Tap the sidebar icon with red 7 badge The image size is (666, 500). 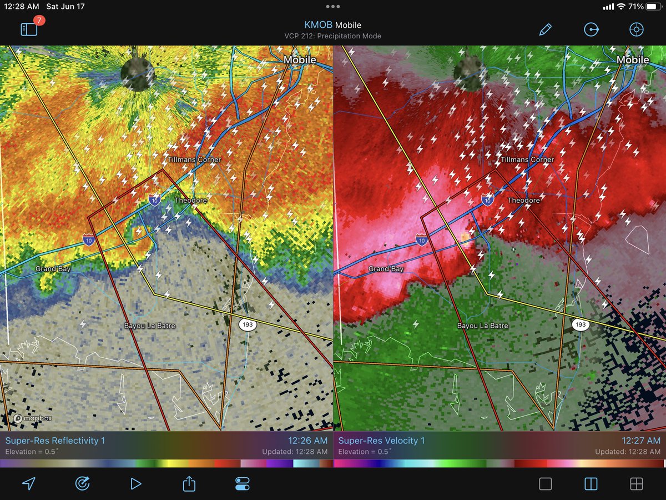[x=29, y=29]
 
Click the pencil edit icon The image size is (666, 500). [x=545, y=29]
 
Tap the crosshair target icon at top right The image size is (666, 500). [x=636, y=29]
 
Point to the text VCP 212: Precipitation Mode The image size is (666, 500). [x=333, y=36]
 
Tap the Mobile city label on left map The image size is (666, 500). [x=300, y=59]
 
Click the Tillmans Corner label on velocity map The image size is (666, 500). [x=527, y=159]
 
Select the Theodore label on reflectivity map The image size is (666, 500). [x=190, y=200]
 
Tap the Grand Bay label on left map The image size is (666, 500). [x=53, y=269]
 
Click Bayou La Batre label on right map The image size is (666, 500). [x=482, y=326]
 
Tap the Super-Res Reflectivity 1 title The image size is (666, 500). [x=55, y=441]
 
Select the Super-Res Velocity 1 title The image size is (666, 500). [x=381, y=441]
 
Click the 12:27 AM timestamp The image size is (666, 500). [x=641, y=441]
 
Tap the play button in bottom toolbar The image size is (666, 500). [x=135, y=484]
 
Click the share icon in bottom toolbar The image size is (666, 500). [x=189, y=483]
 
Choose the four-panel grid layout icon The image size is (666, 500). [x=636, y=484]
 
